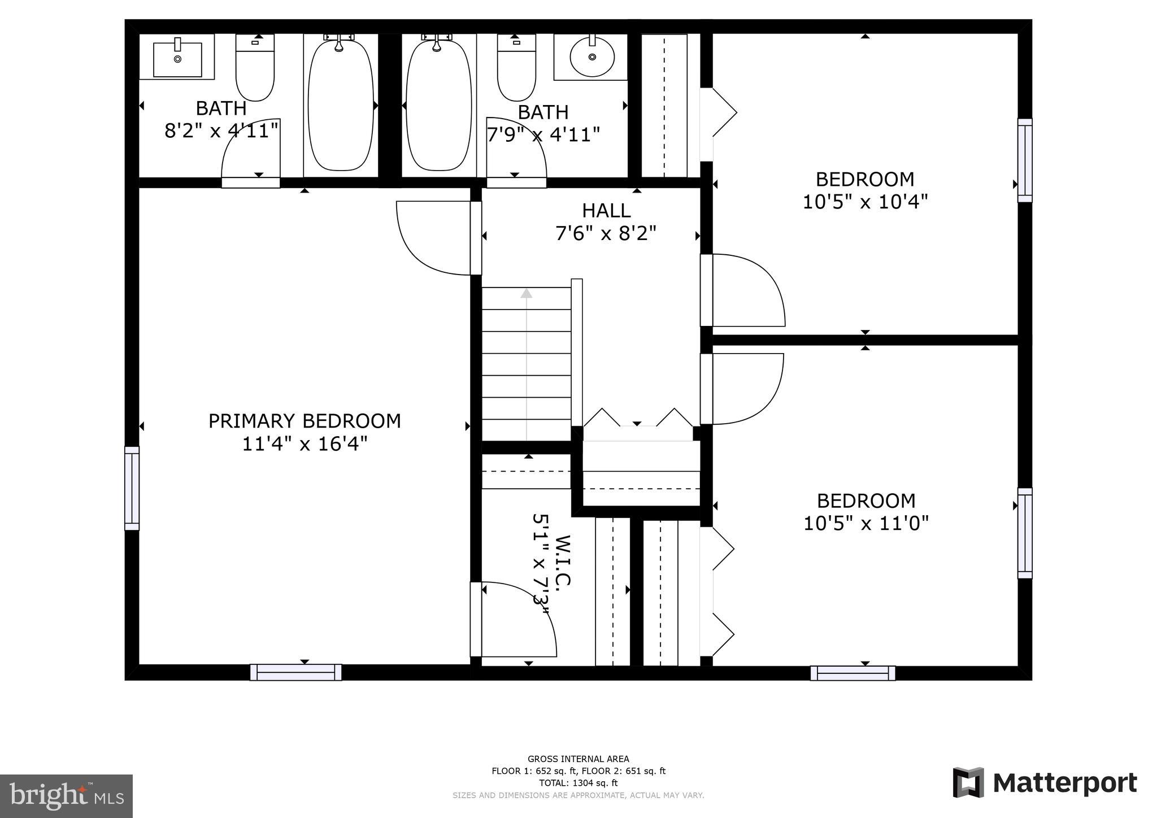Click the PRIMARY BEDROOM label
305,421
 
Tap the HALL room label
606,211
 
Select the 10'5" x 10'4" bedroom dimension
865,202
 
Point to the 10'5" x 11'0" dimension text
865,523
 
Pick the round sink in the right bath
591,57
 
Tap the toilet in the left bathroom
255,68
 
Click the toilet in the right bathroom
516,68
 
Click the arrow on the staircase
527,293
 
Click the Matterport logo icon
968,782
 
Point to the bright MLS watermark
67,796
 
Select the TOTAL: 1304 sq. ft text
578,783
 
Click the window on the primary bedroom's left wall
132,488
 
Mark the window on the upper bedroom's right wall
1025,160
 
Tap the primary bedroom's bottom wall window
296,672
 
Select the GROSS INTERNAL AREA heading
578,759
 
